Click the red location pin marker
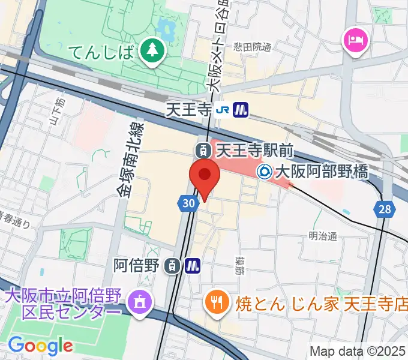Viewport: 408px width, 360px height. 204,175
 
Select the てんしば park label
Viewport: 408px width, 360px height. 101,52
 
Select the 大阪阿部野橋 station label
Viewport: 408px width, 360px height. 320,172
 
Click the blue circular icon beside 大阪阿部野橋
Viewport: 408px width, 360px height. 264,172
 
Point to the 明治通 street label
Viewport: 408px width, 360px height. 323,236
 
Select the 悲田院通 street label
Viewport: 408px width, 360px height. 253,46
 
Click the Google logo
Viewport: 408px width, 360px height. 40,345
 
